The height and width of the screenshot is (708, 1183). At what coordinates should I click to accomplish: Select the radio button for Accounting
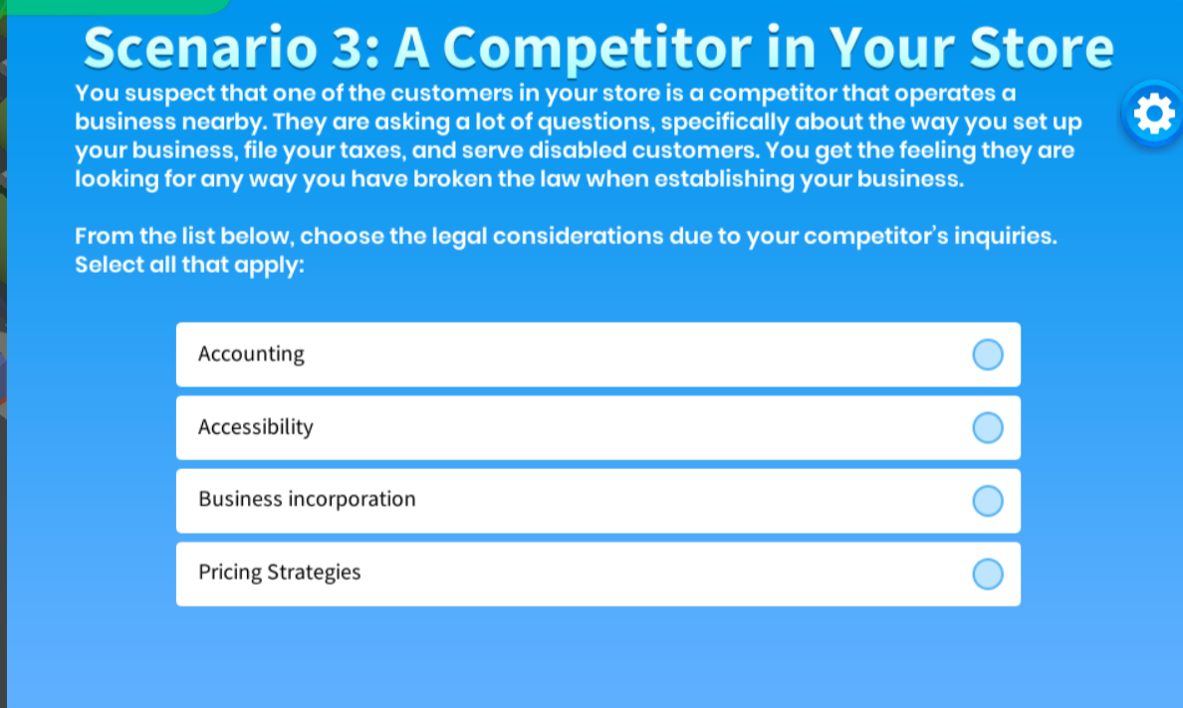(987, 354)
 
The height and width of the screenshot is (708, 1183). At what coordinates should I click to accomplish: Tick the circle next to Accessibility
(987, 427)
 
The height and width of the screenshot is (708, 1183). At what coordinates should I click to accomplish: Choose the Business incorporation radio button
(987, 500)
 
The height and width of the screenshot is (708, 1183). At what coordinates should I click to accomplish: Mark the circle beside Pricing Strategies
(987, 574)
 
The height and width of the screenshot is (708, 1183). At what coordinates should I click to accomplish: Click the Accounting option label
(251, 354)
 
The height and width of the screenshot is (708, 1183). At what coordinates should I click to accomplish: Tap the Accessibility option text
(255, 427)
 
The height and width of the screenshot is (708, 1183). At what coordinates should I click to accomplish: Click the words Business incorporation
(307, 499)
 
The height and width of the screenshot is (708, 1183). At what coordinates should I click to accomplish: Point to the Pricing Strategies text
(279, 573)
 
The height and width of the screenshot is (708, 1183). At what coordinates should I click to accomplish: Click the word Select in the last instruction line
(107, 266)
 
